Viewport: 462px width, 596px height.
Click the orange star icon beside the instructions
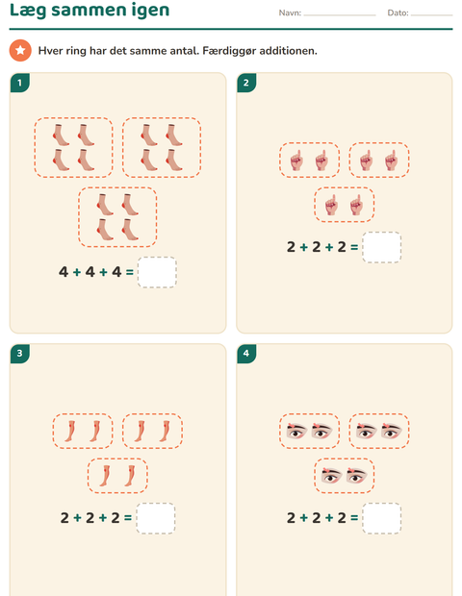(x=20, y=50)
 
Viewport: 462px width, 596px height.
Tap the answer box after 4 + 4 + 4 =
(x=157, y=272)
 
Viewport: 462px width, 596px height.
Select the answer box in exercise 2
(x=382, y=247)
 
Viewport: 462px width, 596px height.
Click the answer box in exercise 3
(x=156, y=518)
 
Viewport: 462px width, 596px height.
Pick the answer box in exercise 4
(x=382, y=518)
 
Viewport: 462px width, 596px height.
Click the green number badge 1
(x=20, y=83)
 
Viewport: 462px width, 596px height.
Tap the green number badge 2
(x=246, y=83)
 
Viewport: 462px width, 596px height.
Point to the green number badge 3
(x=20, y=354)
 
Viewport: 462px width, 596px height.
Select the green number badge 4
(x=246, y=354)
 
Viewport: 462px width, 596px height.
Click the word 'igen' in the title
(x=148, y=10)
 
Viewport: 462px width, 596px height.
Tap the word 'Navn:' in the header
(x=290, y=12)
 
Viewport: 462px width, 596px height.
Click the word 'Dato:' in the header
(x=398, y=12)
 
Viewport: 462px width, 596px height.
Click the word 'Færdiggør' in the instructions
(x=229, y=51)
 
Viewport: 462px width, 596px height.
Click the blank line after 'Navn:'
(x=340, y=15)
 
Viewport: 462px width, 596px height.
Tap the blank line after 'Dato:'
(x=432, y=15)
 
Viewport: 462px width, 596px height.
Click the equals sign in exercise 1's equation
(x=129, y=272)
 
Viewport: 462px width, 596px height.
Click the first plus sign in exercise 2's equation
(x=304, y=247)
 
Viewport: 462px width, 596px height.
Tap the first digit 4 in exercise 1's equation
(x=64, y=272)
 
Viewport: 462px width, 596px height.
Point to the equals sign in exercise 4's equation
(x=354, y=518)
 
